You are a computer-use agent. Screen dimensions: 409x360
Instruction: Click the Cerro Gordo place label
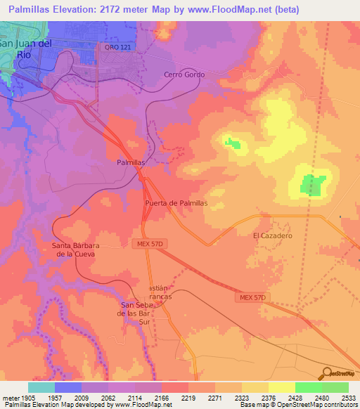point(182,74)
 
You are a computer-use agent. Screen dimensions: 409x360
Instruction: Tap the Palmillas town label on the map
point(130,162)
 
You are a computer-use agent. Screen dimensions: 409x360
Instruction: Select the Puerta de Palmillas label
point(176,202)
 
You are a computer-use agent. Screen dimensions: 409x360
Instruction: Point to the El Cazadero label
point(272,236)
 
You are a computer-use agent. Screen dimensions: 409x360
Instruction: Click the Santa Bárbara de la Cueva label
point(73,249)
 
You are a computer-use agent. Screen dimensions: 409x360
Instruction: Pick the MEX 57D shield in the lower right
point(251,298)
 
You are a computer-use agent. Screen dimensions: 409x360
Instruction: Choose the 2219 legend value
point(188,398)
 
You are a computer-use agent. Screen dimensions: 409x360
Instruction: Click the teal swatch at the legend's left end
point(41,387)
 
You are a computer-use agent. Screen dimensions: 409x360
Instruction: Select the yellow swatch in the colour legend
point(282,387)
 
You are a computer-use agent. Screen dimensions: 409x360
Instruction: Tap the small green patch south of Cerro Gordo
point(232,144)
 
